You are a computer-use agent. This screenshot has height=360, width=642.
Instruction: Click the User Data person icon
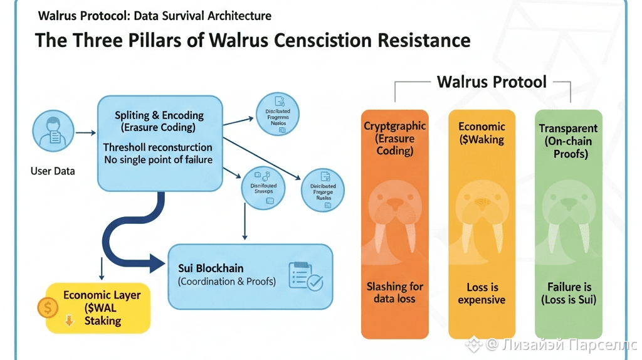52,132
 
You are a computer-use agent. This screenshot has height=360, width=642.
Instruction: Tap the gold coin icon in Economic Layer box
48,307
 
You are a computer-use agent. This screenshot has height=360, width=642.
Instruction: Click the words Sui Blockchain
211,268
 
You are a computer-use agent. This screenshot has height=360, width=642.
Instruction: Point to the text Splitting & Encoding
159,115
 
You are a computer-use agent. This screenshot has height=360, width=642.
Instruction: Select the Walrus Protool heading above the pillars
492,82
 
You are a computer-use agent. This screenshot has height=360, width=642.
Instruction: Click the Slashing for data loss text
394,292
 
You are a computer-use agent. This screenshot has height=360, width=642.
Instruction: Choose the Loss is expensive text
481,293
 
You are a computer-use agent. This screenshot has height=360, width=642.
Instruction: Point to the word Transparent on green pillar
568,129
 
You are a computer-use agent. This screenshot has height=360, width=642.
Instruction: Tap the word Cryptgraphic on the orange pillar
394,126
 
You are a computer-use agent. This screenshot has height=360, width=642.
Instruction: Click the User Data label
52,171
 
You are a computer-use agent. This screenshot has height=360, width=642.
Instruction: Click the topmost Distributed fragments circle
278,114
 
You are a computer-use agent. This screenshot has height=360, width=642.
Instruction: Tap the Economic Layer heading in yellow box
102,295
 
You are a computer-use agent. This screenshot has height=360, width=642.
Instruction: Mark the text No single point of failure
158,159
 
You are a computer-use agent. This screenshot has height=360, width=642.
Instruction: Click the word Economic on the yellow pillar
481,126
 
